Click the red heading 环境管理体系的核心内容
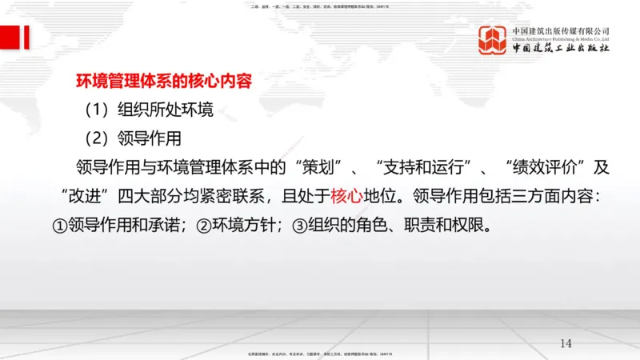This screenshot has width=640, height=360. pyautogui.click(x=163, y=81)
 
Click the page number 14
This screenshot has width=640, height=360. pyautogui.click(x=566, y=343)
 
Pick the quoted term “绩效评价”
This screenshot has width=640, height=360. pyautogui.click(x=543, y=167)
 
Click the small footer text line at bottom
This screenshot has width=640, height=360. pyautogui.click(x=319, y=354)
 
